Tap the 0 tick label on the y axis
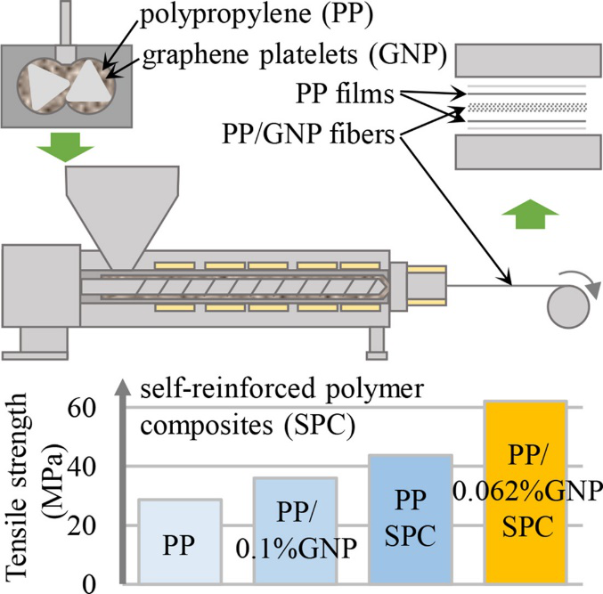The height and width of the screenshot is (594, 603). click(x=100, y=583)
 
